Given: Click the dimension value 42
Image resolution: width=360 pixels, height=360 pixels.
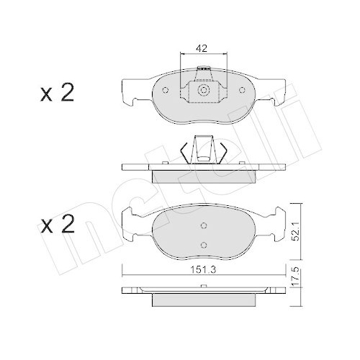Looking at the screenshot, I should tap(202, 49).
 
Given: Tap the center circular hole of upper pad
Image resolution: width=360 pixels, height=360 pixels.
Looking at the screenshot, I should tap(203, 91).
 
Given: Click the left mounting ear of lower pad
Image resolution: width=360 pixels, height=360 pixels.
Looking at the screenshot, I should tap(131, 220).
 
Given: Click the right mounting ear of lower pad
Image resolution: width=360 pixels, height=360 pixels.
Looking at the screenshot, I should tap(274, 220).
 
